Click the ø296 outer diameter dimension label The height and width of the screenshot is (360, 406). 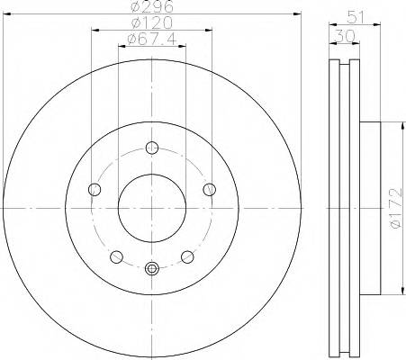150,6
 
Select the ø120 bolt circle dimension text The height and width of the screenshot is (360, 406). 150,22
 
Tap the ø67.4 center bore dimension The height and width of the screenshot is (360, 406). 150,40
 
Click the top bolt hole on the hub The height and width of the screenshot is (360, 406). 152,148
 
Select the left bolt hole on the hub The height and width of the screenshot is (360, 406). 95,189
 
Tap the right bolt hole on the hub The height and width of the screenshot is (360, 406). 209,189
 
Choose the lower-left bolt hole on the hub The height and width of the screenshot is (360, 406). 116,256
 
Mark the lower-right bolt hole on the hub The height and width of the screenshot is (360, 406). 187,256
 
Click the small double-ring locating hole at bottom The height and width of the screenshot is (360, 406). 152,267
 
